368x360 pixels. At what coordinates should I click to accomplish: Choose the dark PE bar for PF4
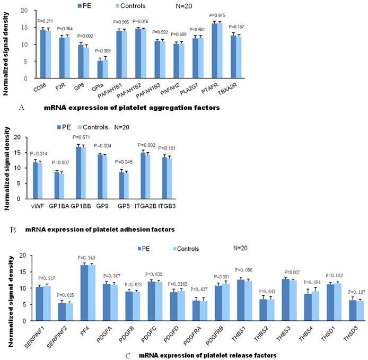pyautogui.click(x=83, y=287)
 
